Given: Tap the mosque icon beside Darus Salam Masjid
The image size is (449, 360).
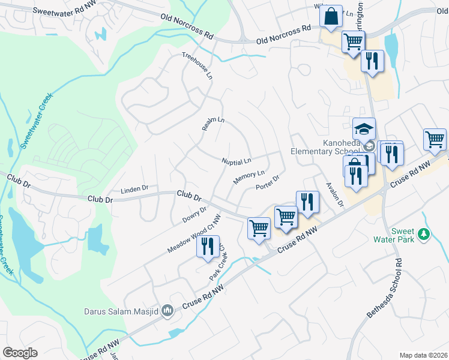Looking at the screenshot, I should pos(168,311).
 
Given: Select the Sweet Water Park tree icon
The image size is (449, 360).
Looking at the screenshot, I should pos(425,234).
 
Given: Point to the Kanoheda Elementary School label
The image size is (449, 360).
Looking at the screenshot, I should pos(325,147).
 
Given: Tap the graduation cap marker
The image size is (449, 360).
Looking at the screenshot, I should pos(364,128).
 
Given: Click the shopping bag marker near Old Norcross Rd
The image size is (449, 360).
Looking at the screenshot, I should pos(331,16).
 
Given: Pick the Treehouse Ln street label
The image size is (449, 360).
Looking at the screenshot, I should pos(198,65).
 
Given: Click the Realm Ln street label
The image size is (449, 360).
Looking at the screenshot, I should pos(212,124).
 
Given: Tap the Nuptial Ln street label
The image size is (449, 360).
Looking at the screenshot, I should pos(236,161).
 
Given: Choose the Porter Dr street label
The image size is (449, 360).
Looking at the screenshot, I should pos(268,182).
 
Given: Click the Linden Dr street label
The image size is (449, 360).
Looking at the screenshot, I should pos(134,189).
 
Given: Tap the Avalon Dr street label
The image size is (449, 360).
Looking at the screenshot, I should pos(334,195).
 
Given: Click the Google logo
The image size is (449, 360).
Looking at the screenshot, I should pos(20,352).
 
